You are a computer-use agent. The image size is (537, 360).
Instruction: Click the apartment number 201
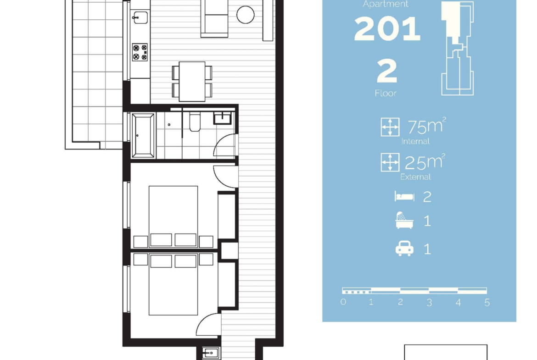387,29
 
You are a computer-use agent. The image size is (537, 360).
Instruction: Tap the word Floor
386,93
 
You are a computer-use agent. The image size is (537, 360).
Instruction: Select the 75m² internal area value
427,126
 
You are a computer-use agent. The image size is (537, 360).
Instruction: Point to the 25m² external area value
425,162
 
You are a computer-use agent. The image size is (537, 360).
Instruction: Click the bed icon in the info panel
404,196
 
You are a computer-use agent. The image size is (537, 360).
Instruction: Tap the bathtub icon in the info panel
404,220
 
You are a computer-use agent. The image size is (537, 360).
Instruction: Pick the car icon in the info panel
404,249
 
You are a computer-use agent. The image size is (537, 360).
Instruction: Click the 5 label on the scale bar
487,303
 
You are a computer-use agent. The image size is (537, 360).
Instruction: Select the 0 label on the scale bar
343,302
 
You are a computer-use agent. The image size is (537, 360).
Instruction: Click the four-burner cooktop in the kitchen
140,52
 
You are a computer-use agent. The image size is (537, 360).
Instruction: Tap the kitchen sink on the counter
140,17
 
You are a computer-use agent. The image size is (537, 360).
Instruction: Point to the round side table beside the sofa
245,15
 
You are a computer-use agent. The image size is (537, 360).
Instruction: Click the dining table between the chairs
192,82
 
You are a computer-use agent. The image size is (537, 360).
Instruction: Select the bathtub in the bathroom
143,135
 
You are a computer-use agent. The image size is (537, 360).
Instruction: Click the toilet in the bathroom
195,122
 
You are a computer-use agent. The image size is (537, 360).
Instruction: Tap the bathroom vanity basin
223,118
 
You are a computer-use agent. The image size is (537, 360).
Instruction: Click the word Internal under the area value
415,141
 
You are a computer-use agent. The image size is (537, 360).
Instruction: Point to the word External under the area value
415,177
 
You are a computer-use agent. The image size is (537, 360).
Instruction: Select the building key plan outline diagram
458,48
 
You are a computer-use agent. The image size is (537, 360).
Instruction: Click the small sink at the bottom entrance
211,353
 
